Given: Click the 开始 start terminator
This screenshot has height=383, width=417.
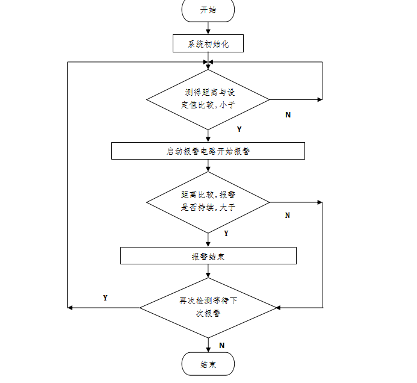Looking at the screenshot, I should tap(208, 10).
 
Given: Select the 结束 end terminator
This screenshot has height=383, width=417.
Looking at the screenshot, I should tap(208, 364).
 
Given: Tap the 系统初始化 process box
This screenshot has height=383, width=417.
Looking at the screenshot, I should tap(208, 44).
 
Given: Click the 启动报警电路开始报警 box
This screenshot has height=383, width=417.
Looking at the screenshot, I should tap(208, 151).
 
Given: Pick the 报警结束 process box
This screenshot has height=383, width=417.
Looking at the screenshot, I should tap(208, 256).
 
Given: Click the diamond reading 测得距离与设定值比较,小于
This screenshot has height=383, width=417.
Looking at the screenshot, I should tap(208, 99).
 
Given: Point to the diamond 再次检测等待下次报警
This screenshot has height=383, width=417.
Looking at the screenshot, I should tap(208, 307).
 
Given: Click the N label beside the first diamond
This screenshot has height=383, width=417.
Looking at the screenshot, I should tap(288, 114).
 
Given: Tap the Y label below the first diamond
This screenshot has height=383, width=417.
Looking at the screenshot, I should tap(239, 129).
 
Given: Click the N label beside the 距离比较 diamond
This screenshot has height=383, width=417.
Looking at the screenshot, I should tap(287, 215).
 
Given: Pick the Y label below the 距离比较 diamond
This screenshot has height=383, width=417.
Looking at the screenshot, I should tap(226, 233).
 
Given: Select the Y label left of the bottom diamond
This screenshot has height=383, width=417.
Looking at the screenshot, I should tap(105, 297).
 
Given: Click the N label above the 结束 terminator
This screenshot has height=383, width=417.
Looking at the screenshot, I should tap(221, 345).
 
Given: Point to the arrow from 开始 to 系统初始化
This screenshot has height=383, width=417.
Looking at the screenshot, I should tap(208, 28).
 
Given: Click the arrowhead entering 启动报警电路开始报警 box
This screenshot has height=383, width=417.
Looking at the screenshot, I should tap(208, 139).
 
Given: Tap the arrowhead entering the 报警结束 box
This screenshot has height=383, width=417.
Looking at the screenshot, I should tap(208, 244).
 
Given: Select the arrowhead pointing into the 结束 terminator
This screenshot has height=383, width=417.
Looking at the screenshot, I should tap(208, 349).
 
